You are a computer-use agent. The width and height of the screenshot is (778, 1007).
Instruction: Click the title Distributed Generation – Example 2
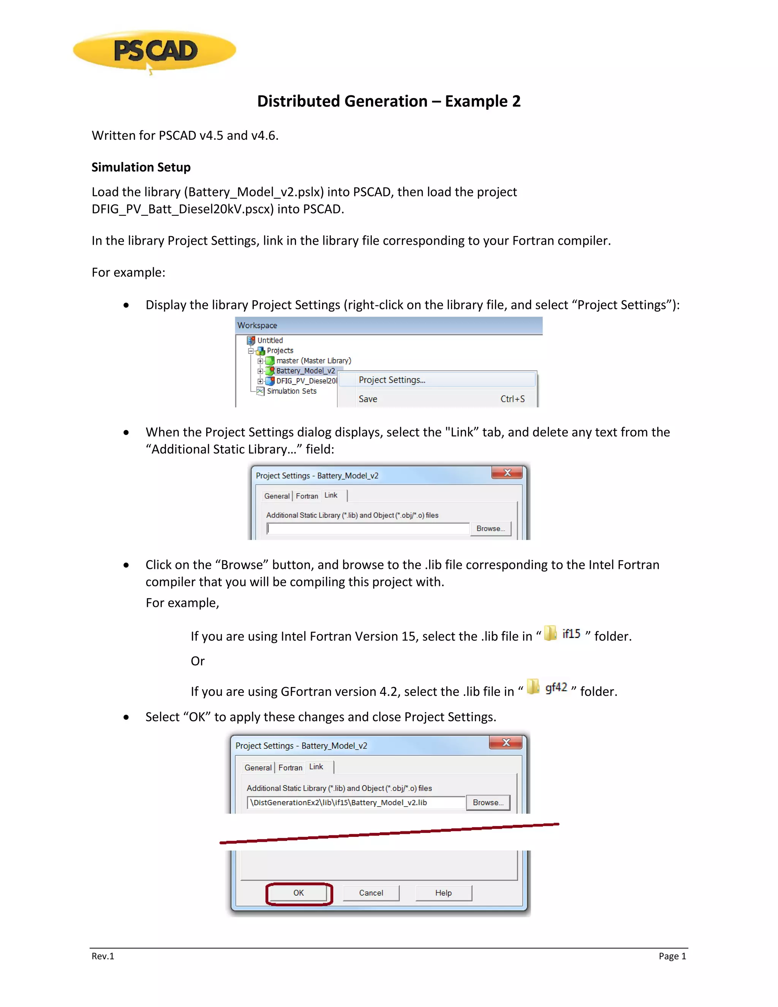coord(389,101)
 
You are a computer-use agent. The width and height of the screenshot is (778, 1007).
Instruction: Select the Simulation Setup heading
coord(141,167)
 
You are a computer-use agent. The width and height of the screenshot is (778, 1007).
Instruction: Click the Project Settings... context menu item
coord(392,380)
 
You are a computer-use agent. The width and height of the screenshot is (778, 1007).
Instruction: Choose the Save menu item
coord(368,399)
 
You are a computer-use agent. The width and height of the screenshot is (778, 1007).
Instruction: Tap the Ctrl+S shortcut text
coord(512,399)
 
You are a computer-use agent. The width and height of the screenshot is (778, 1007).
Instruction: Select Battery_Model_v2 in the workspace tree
coord(305,371)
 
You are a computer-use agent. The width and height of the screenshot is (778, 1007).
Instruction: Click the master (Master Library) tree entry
coord(313,361)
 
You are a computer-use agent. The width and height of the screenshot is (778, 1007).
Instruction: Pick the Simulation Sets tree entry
coord(291,391)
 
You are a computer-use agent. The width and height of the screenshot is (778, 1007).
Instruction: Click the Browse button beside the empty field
coord(490,529)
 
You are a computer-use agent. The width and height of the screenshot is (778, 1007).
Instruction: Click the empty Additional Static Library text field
coord(368,529)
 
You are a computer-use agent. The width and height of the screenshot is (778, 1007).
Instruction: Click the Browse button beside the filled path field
coord(488,802)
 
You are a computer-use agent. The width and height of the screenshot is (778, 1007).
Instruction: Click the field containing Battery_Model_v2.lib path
coord(356,802)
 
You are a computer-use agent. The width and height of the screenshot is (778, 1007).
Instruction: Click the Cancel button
coord(371,893)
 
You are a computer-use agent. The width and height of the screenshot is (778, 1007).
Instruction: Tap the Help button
coord(443,893)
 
